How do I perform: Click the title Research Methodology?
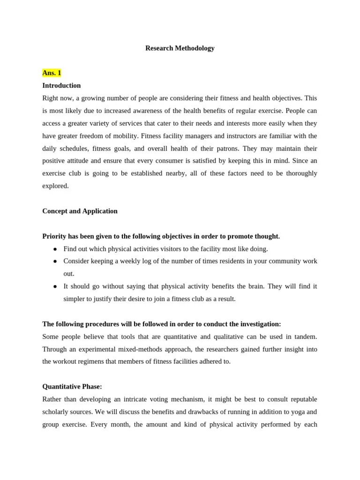click(180, 48)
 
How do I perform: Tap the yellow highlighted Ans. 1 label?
click(52, 73)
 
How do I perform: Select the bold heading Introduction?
click(61, 85)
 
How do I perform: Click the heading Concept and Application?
click(80, 211)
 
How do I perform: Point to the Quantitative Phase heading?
click(72, 387)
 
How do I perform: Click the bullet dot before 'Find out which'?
click(55, 249)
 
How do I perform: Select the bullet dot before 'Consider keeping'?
click(55, 261)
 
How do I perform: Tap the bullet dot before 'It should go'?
click(55, 286)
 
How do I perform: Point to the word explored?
click(55, 186)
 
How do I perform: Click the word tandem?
click(306, 337)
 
